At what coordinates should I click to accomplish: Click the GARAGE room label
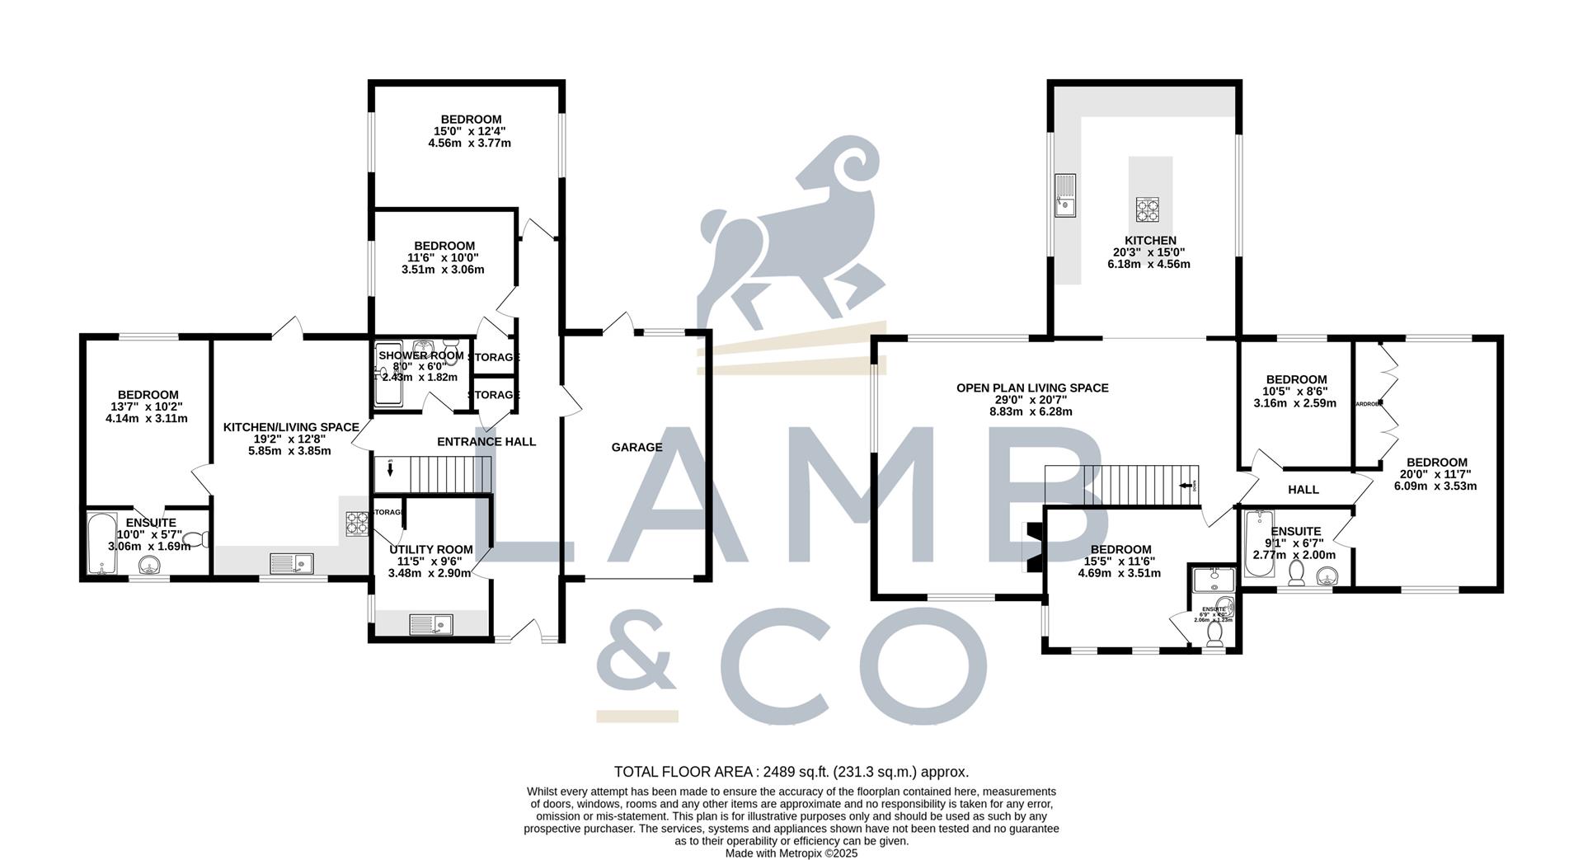click(x=636, y=448)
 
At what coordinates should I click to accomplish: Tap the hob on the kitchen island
click(x=1148, y=209)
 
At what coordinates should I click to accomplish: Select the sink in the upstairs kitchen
click(x=1065, y=195)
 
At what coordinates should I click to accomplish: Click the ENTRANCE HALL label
click(x=486, y=442)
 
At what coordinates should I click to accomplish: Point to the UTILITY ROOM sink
click(x=431, y=624)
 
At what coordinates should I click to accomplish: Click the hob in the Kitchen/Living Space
click(x=357, y=523)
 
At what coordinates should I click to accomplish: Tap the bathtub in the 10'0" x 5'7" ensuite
click(x=101, y=544)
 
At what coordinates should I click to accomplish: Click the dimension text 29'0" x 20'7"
click(x=1032, y=400)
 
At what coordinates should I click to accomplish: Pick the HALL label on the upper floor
click(x=1303, y=490)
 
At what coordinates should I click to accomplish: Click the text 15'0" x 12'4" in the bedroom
click(x=469, y=131)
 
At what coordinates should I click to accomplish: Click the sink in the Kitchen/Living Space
click(x=291, y=563)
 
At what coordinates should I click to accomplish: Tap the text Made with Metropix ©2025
click(x=791, y=853)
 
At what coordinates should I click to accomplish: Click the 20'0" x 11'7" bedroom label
click(x=1437, y=463)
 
